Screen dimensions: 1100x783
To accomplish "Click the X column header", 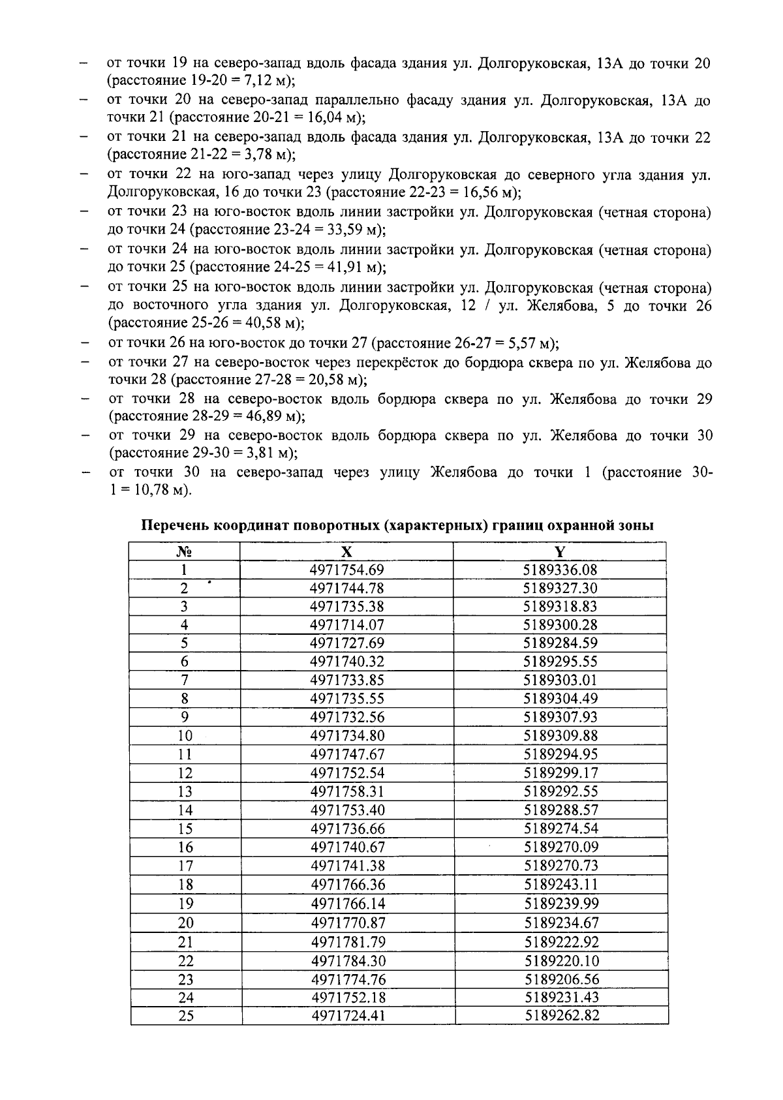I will pyautogui.click(x=347, y=551).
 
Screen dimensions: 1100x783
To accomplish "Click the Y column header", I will pyautogui.click(x=560, y=551).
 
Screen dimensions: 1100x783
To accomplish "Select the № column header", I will pyautogui.click(x=185, y=551).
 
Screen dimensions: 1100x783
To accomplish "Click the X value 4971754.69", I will pyautogui.click(x=347, y=570).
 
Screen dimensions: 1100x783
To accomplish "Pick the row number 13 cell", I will pyautogui.click(x=185, y=792).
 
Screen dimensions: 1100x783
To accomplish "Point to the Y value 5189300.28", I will pyautogui.click(x=560, y=625).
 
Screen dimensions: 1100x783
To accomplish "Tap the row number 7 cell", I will pyautogui.click(x=185, y=680).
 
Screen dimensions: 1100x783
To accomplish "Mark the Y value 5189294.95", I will pyautogui.click(x=560, y=755).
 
